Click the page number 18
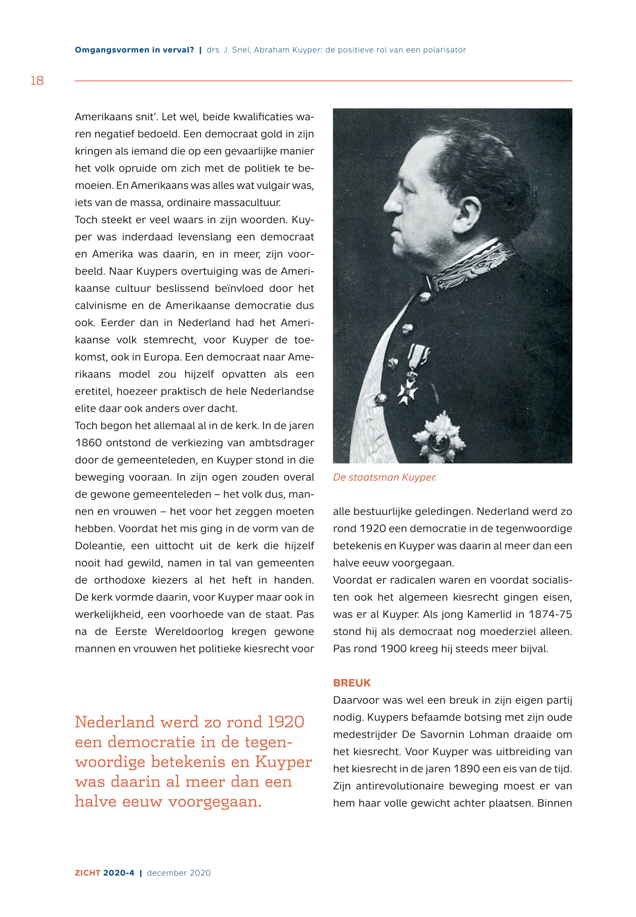pos(37,81)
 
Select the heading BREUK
pos(352,683)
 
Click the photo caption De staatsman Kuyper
pos(385,477)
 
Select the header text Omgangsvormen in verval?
pos(134,50)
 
